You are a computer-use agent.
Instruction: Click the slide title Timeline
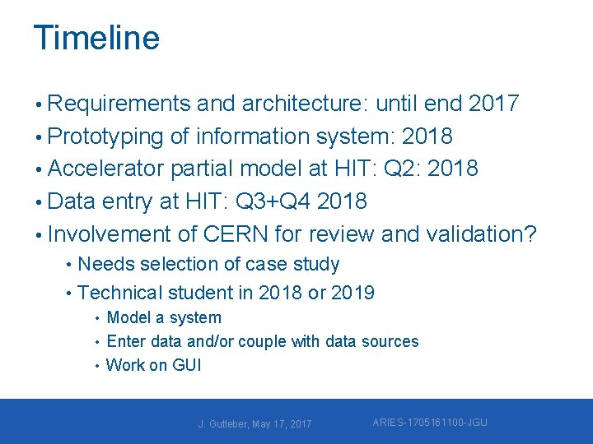tap(96, 38)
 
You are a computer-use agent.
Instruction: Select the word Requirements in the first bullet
tap(121, 104)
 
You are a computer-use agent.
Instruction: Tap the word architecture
tap(307, 104)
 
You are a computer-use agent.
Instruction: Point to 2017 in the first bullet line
tap(493, 104)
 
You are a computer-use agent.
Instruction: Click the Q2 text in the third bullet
tap(401, 169)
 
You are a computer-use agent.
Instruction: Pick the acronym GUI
tap(186, 365)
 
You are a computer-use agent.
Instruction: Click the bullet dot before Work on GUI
tap(97, 366)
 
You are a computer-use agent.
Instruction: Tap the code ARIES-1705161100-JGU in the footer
tap(430, 423)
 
